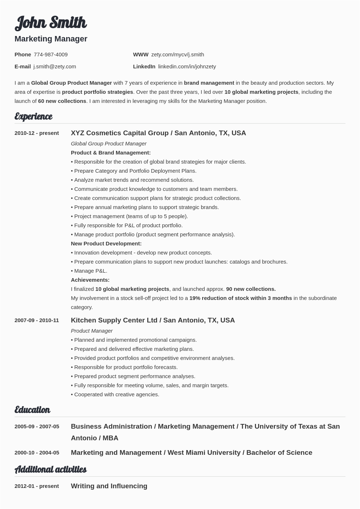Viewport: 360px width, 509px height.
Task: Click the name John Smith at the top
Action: click(51, 23)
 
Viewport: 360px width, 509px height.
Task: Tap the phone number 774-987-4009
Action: click(51, 55)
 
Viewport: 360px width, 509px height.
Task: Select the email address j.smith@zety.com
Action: click(55, 67)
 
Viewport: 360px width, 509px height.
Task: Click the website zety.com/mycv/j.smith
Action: click(177, 55)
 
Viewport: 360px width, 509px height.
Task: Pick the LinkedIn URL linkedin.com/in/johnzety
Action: click(187, 67)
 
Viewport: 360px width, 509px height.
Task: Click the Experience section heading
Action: click(33, 116)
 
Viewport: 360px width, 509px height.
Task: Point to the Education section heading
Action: click(32, 410)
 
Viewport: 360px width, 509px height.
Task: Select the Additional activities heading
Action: click(51, 469)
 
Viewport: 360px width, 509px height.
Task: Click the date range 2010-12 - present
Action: click(37, 133)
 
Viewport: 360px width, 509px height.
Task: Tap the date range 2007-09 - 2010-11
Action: click(37, 320)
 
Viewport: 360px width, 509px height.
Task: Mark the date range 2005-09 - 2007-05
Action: click(37, 426)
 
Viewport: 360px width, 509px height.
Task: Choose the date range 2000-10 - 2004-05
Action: click(37, 453)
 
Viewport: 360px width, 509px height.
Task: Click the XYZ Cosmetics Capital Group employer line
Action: click(158, 133)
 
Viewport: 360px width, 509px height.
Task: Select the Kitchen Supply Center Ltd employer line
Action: click(153, 320)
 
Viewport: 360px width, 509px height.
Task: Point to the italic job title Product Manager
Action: click(92, 331)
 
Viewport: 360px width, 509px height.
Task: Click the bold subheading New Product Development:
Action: click(106, 244)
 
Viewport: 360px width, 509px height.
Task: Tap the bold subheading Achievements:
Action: click(90, 280)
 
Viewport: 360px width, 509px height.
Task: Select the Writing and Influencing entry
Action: click(109, 486)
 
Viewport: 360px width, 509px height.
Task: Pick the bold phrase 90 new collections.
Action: click(251, 289)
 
